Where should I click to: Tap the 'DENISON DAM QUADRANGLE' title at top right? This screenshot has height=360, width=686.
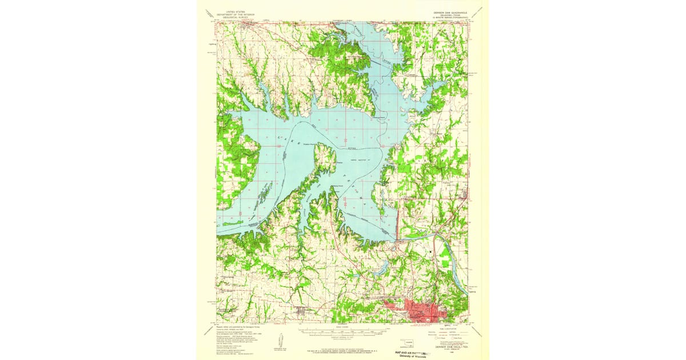coord(451,11)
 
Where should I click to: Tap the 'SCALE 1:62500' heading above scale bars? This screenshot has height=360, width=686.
coord(342,327)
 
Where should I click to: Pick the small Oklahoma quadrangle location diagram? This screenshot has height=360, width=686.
coord(406,344)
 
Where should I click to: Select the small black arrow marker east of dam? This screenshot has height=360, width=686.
coord(431,251)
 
